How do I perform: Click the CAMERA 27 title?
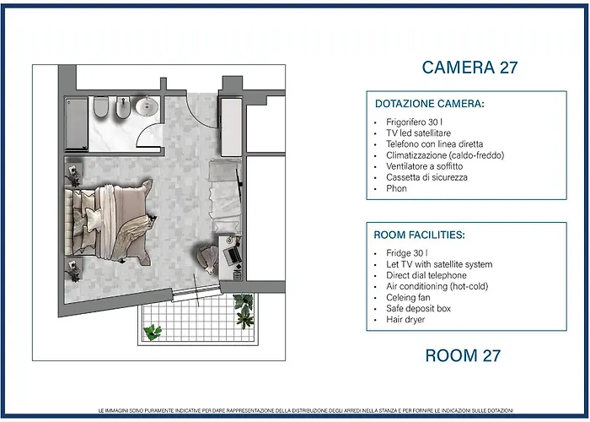click(x=469, y=68)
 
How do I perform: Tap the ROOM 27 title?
click(x=463, y=355)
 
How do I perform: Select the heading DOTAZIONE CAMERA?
click(x=430, y=104)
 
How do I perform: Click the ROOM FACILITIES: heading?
click(x=419, y=235)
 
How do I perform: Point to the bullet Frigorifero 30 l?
click(x=414, y=122)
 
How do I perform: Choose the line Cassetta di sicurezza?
click(x=426, y=177)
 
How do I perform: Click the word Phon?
click(x=396, y=188)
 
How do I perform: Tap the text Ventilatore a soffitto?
click(x=425, y=166)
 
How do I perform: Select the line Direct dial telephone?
click(x=426, y=275)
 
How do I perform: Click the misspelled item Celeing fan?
click(x=408, y=298)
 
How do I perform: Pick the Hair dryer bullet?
click(x=405, y=320)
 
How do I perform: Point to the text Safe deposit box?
click(x=418, y=309)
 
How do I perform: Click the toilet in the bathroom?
click(x=101, y=106)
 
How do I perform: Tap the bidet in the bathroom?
click(x=123, y=108)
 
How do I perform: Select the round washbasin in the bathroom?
click(x=147, y=105)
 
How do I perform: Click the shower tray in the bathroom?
click(x=77, y=123)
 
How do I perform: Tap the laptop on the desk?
click(x=232, y=256)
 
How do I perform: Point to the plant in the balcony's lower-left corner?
click(x=153, y=332)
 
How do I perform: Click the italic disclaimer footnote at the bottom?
click(x=305, y=411)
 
